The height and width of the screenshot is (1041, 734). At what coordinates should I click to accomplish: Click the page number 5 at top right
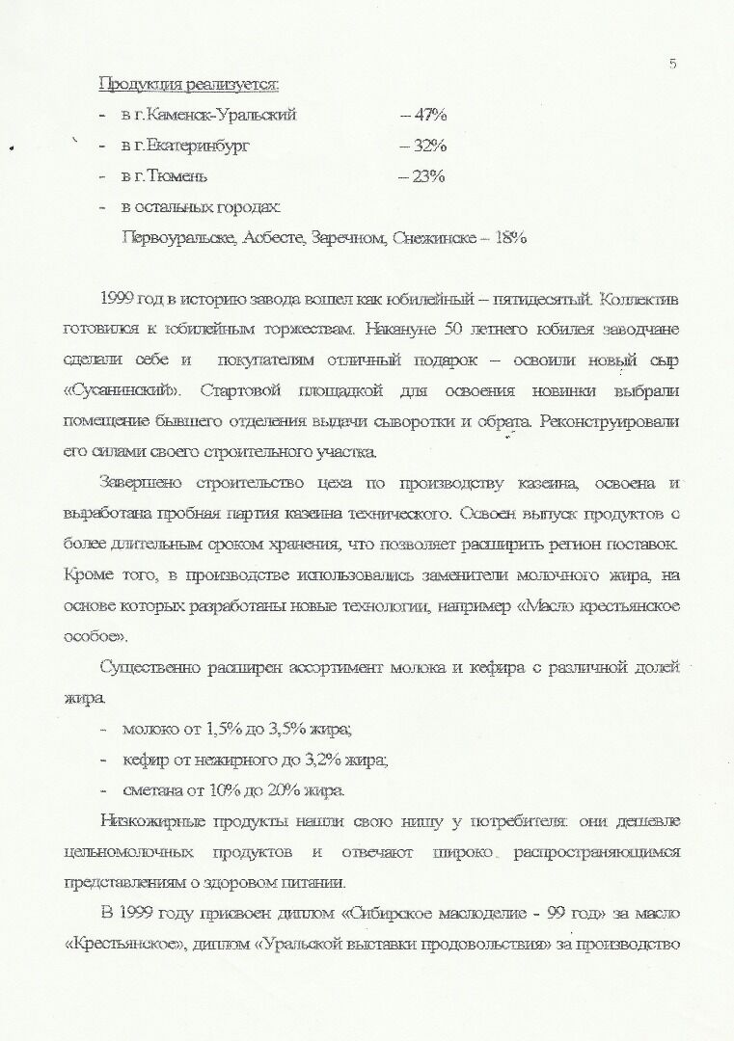point(671,65)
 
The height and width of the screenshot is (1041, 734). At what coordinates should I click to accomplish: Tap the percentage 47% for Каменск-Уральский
point(424,115)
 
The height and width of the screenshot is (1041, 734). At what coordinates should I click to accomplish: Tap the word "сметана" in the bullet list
point(153,790)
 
